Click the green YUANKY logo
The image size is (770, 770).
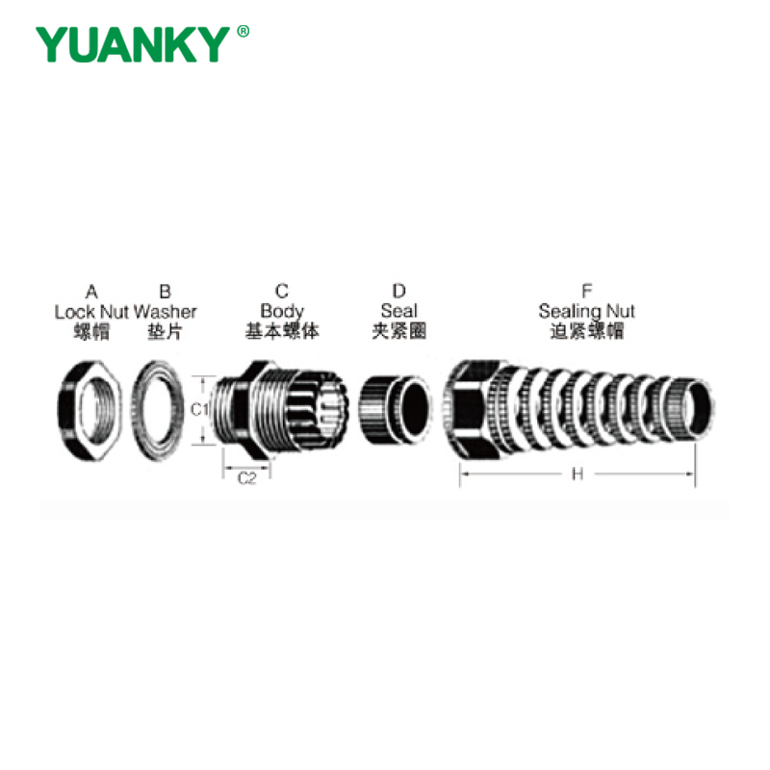[133, 44]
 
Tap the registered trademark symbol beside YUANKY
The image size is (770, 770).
[244, 32]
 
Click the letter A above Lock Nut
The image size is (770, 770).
[91, 292]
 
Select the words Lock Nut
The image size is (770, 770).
[91, 312]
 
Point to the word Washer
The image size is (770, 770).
[165, 312]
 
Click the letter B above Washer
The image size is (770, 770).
[166, 292]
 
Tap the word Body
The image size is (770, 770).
[282, 311]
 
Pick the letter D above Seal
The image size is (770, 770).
[399, 292]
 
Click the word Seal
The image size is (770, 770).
[398, 311]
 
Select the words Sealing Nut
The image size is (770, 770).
[586, 311]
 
